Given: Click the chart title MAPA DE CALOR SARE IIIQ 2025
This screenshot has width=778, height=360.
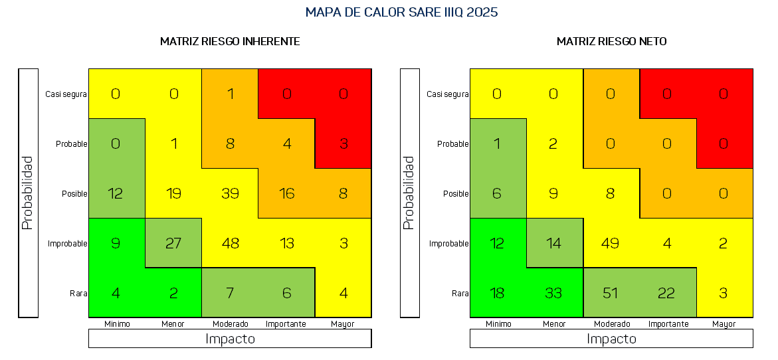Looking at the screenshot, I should pyautogui.click(x=401, y=13).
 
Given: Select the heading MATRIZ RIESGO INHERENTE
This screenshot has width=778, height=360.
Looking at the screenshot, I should pyautogui.click(x=230, y=41).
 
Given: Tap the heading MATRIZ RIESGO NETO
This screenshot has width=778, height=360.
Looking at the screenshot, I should pyautogui.click(x=611, y=41).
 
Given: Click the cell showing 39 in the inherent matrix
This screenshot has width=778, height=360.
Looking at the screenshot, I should pyautogui.click(x=230, y=193).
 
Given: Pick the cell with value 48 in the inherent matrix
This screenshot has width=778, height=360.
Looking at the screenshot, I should pyautogui.click(x=230, y=243).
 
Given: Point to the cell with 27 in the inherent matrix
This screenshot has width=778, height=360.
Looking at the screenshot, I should pyautogui.click(x=173, y=243).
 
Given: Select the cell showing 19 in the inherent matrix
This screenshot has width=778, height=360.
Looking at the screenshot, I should pyautogui.click(x=173, y=193).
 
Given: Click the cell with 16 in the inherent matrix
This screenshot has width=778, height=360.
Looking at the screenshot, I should pyautogui.click(x=286, y=193).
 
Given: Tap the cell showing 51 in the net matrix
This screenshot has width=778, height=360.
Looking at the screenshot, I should pyautogui.click(x=611, y=293).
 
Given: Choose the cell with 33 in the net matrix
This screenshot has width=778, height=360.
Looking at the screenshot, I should pyautogui.click(x=554, y=293).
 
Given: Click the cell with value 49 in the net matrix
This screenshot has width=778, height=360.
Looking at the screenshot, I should pyautogui.click(x=611, y=243).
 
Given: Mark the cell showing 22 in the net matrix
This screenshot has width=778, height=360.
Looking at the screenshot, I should pyautogui.click(x=668, y=293).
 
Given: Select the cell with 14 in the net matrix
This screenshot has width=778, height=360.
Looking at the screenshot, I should pyautogui.click(x=554, y=243).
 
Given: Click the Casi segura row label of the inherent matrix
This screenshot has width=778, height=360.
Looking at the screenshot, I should pyautogui.click(x=66, y=94).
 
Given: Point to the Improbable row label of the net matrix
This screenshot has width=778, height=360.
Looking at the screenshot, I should pyautogui.click(x=448, y=244).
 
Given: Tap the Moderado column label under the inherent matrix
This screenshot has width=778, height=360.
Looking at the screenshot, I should pyautogui.click(x=230, y=324).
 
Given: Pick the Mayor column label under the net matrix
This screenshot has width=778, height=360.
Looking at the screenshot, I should pyautogui.click(x=724, y=324).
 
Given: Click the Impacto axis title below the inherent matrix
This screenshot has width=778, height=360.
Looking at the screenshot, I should pyautogui.click(x=230, y=339).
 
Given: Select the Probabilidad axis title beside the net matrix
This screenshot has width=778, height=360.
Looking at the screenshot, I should pyautogui.click(x=409, y=193).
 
